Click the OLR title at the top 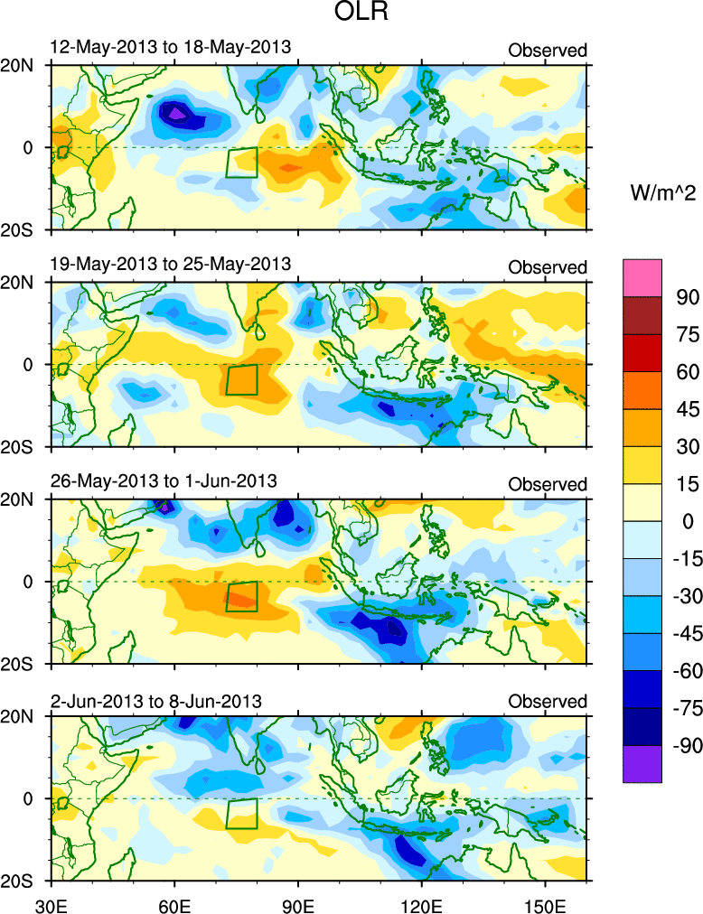tap(351, 14)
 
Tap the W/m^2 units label tap(661, 191)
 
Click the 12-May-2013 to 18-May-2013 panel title tap(170, 47)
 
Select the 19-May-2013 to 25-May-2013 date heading tap(170, 264)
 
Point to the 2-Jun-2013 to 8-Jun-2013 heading tap(155, 700)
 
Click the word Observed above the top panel tap(548, 51)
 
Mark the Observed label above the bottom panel tap(548, 702)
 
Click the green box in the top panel tap(241, 163)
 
